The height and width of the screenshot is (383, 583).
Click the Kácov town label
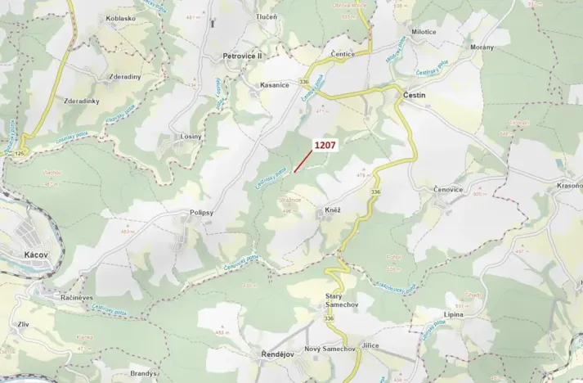(x=25, y=255)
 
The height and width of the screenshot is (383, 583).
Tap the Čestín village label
(x=415, y=96)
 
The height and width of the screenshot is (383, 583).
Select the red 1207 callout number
(x=325, y=144)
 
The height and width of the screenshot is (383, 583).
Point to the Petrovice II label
(x=243, y=56)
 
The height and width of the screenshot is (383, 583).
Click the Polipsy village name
(x=197, y=212)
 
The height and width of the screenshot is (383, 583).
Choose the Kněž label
(x=331, y=210)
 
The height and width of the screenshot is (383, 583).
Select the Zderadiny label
(x=124, y=77)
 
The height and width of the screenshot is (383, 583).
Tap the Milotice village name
(x=424, y=32)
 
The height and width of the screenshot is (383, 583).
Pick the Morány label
(x=482, y=47)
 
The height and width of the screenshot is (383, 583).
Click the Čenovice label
(x=448, y=189)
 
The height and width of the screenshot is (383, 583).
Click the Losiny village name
(x=191, y=137)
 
